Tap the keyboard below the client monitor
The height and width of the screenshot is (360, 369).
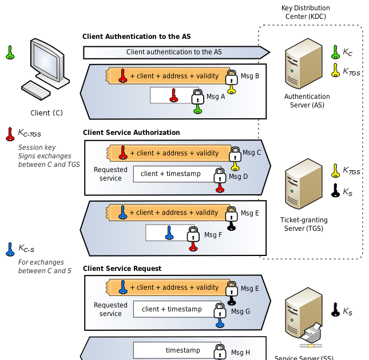39,90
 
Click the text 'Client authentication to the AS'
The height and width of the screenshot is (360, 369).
173,52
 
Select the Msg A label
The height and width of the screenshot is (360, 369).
216,97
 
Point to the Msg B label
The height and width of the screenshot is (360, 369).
250,76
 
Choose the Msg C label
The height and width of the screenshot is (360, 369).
252,153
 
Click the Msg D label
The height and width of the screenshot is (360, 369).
239,177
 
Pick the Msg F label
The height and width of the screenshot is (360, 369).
213,234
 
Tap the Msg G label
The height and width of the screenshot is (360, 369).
240,311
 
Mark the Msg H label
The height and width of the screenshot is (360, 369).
240,353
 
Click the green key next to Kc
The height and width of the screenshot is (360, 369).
335,53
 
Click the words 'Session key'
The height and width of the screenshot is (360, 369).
33,147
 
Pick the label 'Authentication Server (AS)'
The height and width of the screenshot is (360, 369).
307,101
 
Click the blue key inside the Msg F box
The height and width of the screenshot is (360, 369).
169,233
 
